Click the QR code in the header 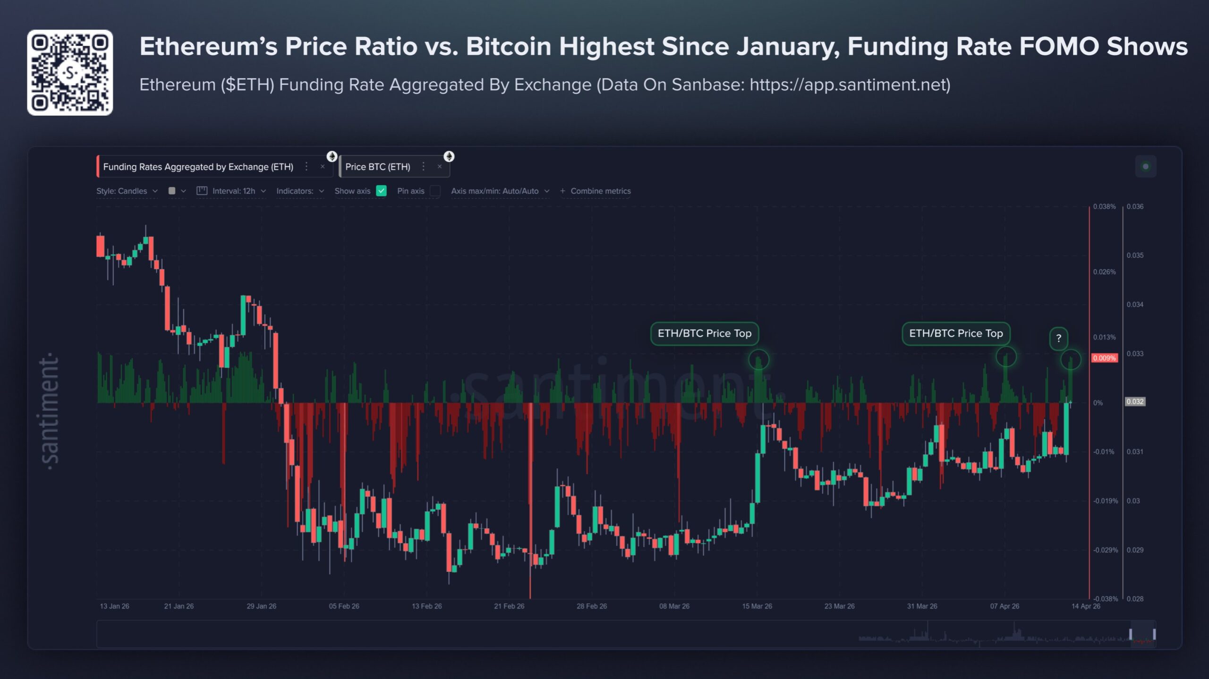click(70, 73)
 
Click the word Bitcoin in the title click(508, 46)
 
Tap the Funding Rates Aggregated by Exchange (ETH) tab click(198, 167)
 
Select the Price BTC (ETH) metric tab click(377, 167)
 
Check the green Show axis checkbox click(381, 191)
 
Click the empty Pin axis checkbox click(435, 191)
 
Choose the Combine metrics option click(596, 191)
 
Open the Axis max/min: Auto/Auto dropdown click(499, 191)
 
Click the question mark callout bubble click(1058, 338)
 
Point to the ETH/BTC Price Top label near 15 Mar click(704, 333)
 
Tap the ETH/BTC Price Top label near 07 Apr click(956, 333)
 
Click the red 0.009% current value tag click(1104, 358)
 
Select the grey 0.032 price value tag click(1135, 402)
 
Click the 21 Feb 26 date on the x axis click(509, 606)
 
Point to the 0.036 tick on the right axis click(1135, 207)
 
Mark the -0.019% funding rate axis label click(1106, 501)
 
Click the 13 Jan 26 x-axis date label click(114, 606)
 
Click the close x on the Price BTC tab click(439, 167)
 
